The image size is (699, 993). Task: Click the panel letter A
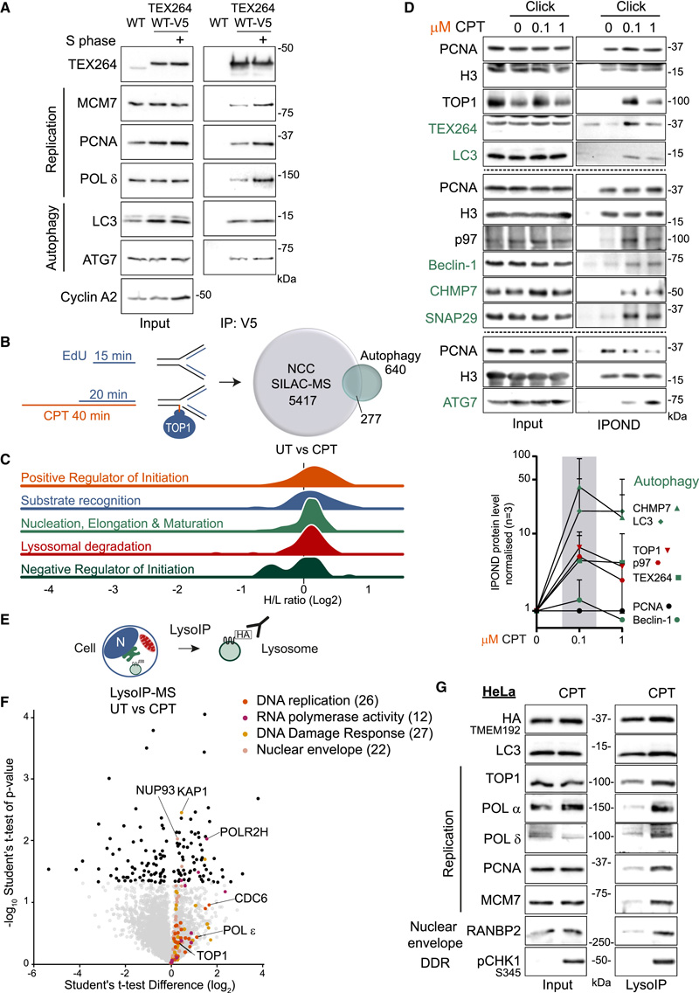tap(12, 10)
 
